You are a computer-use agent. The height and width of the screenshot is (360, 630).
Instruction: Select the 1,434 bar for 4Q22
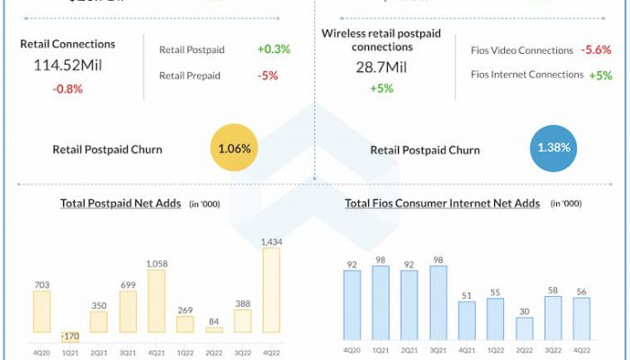tap(270, 291)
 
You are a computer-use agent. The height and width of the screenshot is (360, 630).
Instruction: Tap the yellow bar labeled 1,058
tap(156, 301)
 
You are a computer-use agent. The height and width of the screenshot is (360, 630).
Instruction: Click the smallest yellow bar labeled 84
tap(213, 329)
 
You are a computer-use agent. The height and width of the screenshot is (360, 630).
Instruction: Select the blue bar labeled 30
tap(525, 325)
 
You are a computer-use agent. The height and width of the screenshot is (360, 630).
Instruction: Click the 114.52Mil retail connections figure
tap(67, 65)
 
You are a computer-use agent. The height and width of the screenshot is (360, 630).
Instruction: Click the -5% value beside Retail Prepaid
tap(267, 76)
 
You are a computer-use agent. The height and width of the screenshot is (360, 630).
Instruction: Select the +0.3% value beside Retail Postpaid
tap(274, 49)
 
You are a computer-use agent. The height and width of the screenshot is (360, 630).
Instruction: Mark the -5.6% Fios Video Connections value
tap(596, 50)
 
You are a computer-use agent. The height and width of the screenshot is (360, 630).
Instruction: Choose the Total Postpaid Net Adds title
tap(121, 203)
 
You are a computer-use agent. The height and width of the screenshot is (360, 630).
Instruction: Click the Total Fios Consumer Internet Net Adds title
tap(442, 203)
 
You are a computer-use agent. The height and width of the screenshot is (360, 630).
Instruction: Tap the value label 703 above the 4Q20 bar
tap(41, 284)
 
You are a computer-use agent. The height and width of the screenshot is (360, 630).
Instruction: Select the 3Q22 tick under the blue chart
tap(553, 349)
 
